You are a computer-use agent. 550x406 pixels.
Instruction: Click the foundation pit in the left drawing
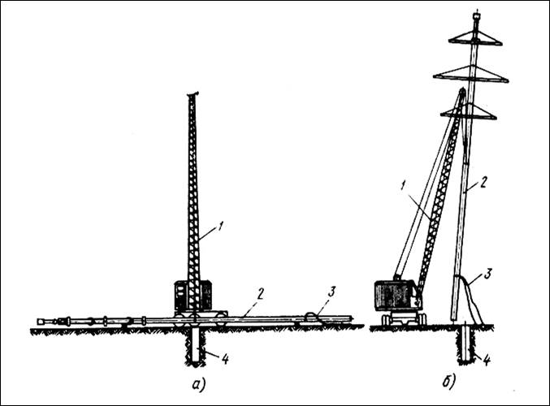click(196, 345)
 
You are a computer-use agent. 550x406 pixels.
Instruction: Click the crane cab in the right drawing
click(396, 295)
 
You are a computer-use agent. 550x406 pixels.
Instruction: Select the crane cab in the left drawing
click(193, 296)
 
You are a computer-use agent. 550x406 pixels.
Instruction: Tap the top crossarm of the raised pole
click(475, 38)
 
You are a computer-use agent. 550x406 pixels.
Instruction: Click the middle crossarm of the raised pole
click(471, 75)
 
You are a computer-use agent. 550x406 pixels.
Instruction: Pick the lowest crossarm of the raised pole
click(469, 113)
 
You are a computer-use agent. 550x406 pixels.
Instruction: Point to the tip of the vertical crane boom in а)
click(193, 95)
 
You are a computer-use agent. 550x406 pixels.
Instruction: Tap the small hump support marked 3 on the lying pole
click(314, 315)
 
